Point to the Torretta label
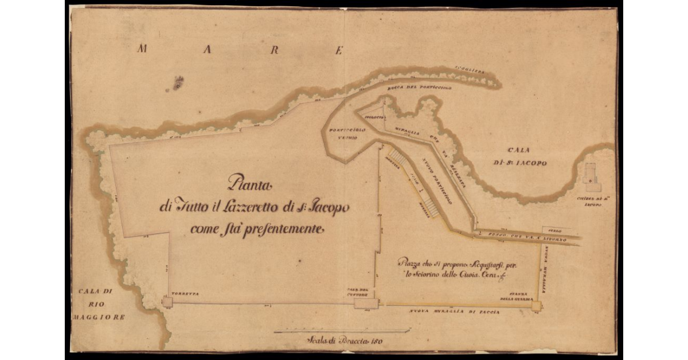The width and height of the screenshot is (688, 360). tap(187, 294)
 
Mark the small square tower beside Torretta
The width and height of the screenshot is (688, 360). tap(167, 302)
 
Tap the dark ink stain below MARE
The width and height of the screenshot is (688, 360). tap(177, 82)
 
